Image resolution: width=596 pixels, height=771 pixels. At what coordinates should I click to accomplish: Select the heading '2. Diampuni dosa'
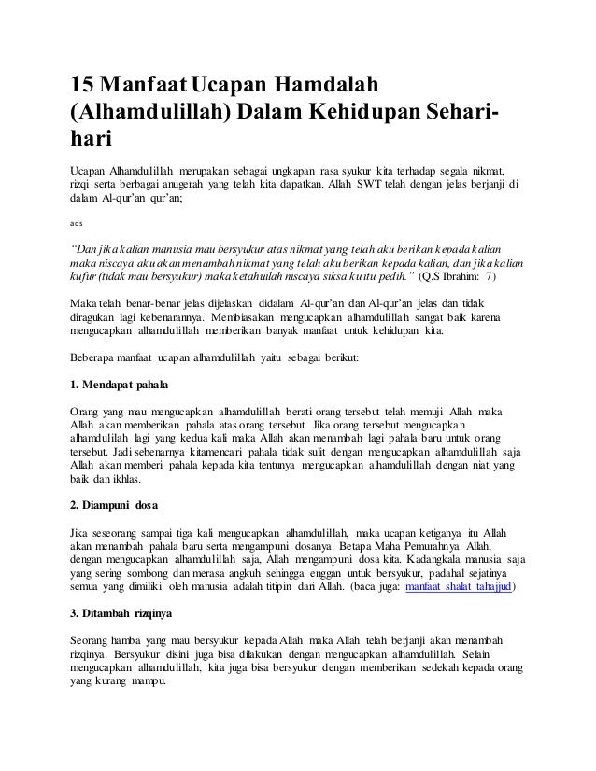click(x=114, y=506)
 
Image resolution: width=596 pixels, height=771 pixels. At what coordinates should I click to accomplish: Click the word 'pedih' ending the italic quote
click(x=392, y=277)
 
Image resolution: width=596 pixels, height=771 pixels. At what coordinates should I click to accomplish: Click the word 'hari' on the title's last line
click(x=91, y=140)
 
